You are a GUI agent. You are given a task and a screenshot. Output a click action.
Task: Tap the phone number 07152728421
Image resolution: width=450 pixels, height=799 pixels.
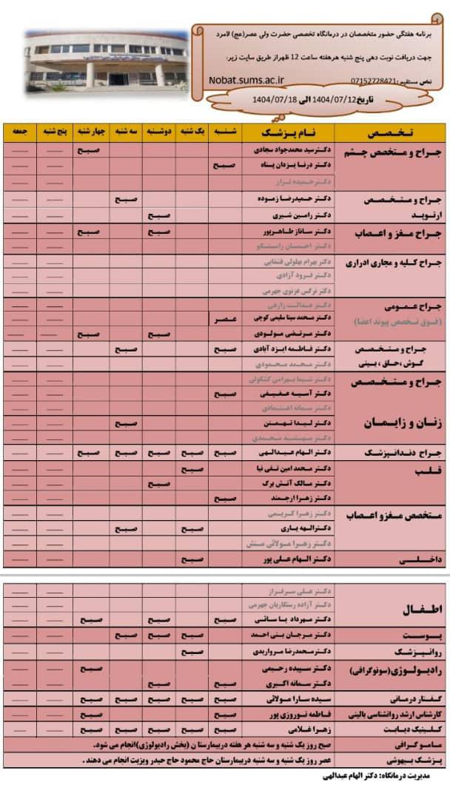click(377, 79)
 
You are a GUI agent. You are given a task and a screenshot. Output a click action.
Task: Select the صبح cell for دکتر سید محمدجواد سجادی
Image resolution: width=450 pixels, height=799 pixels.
click(90, 150)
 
